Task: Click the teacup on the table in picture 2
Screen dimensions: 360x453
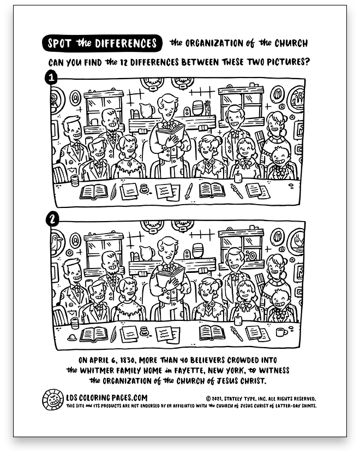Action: (x=281, y=332)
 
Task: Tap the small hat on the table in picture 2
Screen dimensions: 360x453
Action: (x=71, y=337)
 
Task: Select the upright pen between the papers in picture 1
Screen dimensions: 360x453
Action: (x=189, y=191)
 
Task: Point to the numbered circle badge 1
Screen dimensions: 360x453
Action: (x=52, y=78)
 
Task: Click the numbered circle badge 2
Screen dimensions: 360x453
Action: (x=52, y=220)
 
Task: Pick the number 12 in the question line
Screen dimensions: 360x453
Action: (x=124, y=62)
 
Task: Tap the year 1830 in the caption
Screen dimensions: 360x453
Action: (x=127, y=360)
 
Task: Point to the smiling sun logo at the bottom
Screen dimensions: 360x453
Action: (x=53, y=400)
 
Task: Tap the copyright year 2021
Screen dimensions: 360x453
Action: (x=217, y=399)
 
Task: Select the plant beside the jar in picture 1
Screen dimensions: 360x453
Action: (x=207, y=108)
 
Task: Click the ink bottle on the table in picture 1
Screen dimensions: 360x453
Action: (x=144, y=189)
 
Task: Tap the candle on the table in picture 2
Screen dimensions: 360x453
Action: (x=238, y=319)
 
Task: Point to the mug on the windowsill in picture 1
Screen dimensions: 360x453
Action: (x=94, y=122)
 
